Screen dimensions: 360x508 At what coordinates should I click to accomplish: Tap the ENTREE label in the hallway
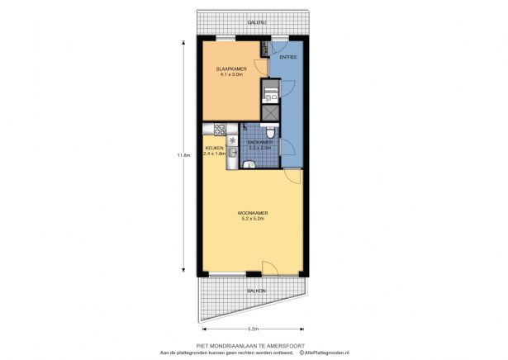click(287, 58)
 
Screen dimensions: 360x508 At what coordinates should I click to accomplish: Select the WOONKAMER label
click(252, 212)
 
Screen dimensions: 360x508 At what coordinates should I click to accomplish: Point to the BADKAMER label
click(260, 142)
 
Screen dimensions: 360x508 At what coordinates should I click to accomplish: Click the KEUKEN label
click(215, 148)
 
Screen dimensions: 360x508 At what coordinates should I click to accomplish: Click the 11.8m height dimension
click(188, 154)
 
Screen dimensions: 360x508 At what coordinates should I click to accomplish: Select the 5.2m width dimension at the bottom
click(254, 328)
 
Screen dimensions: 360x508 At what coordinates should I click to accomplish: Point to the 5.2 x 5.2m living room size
click(252, 218)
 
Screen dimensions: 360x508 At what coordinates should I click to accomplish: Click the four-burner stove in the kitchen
click(221, 129)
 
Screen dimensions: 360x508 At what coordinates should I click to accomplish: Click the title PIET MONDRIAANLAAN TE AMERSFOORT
click(254, 344)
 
